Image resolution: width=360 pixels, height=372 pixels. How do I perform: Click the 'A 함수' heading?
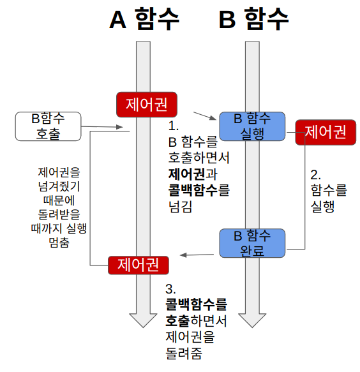point(144,20)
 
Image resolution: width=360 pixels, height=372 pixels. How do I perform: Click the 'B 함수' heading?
point(254,20)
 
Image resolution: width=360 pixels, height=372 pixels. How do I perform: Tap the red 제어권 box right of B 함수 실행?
point(325,132)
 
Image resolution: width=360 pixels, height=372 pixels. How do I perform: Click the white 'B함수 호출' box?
point(49,126)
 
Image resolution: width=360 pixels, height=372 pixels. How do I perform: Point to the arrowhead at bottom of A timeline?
point(144,320)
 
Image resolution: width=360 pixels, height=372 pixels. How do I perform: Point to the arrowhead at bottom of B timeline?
point(253,320)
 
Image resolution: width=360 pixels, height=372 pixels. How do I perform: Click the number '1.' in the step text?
point(172,125)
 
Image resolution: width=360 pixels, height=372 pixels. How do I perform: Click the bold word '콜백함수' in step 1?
point(190,190)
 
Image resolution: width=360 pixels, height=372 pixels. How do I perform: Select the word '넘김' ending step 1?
point(180,206)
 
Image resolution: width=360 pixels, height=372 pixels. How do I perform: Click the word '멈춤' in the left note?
point(58,242)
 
